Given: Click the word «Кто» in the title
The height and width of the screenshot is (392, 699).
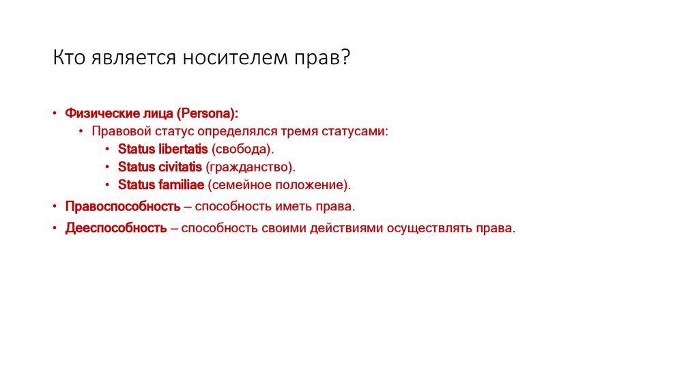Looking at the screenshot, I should [69, 58].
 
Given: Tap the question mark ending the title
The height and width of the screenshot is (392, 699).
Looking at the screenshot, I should [346, 58].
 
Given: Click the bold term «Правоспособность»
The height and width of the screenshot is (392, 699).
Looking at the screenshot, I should [123, 206].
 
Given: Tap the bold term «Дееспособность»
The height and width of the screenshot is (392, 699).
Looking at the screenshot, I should [116, 228].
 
